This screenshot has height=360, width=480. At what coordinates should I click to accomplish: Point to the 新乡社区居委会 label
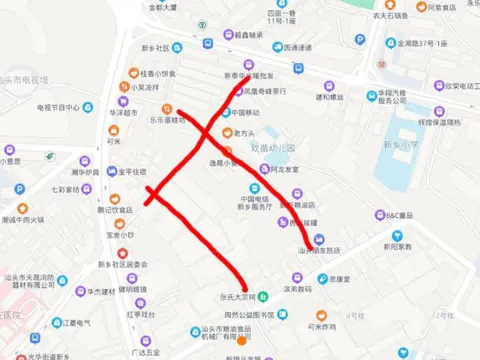coord(124,264)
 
